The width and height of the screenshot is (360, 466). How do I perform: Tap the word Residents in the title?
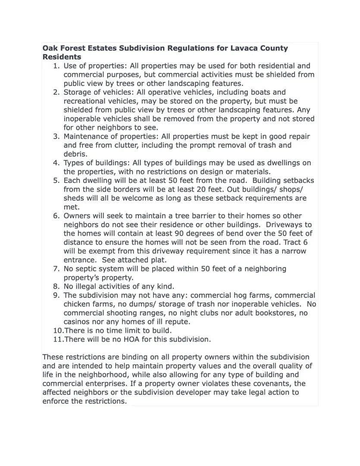[x=62, y=57]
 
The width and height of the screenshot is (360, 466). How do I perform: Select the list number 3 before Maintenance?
[x=56, y=136]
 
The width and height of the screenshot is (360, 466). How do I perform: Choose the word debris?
[x=75, y=154]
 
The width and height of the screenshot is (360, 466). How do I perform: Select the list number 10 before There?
[x=57, y=331]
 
